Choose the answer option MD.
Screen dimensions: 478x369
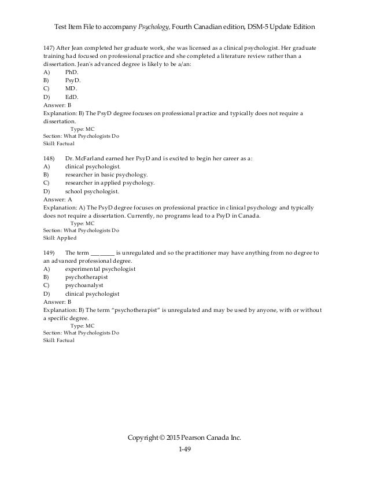pyautogui.click(x=71, y=89)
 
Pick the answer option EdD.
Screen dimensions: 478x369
pyautogui.click(x=71, y=97)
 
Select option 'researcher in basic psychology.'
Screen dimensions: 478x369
pyautogui.click(x=106, y=174)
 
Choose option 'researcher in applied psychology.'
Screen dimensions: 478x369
pyautogui.click(x=110, y=182)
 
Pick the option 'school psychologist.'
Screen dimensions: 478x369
pyautogui.click(x=93, y=191)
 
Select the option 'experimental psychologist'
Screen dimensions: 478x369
pyautogui.click(x=101, y=269)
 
